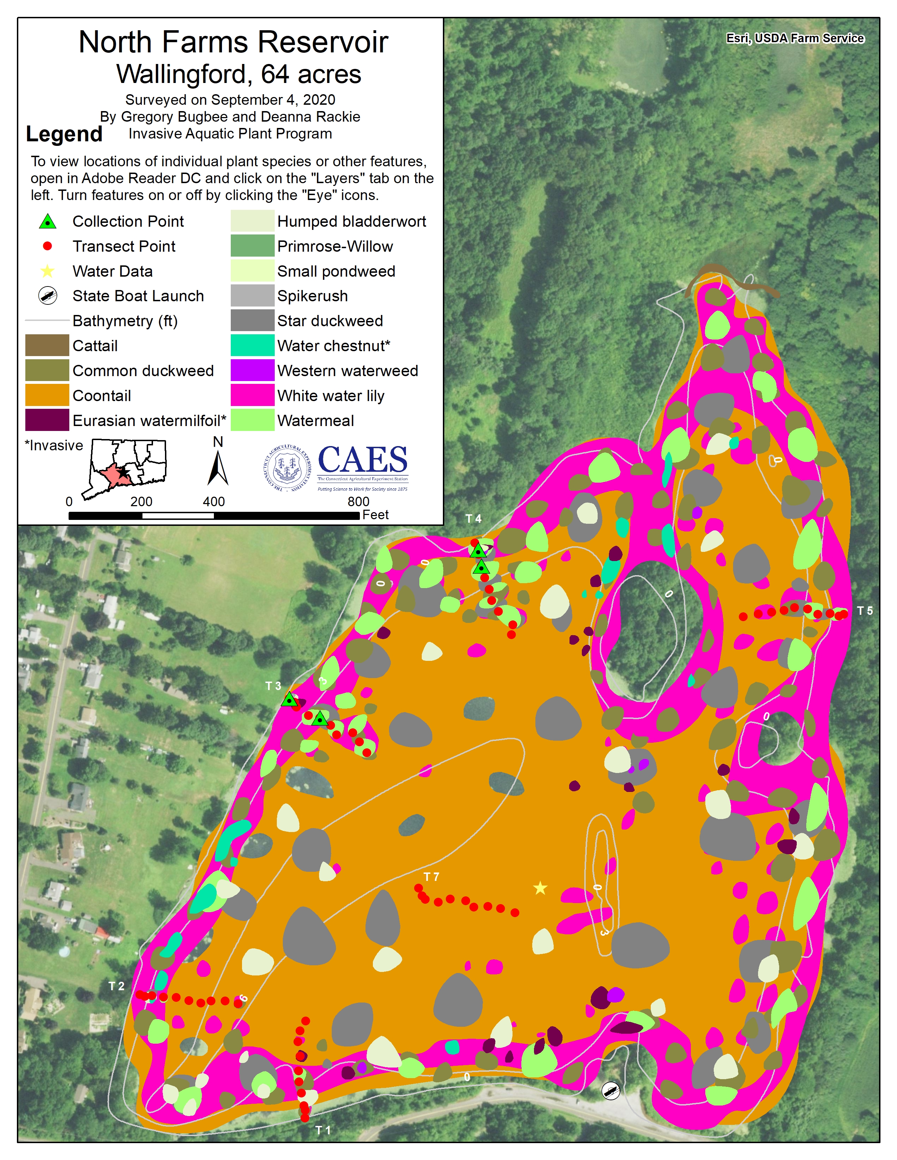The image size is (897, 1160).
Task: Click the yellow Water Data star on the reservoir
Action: [540, 888]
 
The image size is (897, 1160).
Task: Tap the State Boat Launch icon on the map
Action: [611, 1091]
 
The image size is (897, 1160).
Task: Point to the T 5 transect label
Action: [865, 611]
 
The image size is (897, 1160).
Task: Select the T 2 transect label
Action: [116, 986]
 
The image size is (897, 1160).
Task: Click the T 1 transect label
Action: [323, 1130]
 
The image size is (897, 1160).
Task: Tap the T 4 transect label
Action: [473, 518]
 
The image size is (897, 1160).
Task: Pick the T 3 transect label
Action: [273, 686]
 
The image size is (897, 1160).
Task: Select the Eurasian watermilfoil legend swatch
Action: [47, 420]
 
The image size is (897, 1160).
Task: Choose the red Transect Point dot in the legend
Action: [47, 246]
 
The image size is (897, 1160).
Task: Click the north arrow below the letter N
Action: [217, 469]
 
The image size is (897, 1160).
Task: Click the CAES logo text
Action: [362, 460]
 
